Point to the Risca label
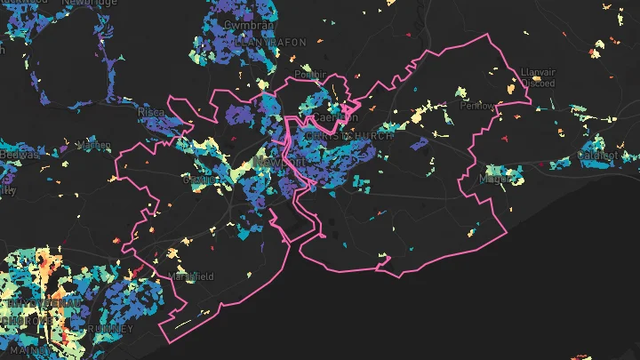149,114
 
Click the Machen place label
93,145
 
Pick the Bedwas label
18,155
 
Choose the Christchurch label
340,136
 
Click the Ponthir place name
310,75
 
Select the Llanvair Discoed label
539,77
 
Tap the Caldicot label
597,155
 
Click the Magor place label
494,178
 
